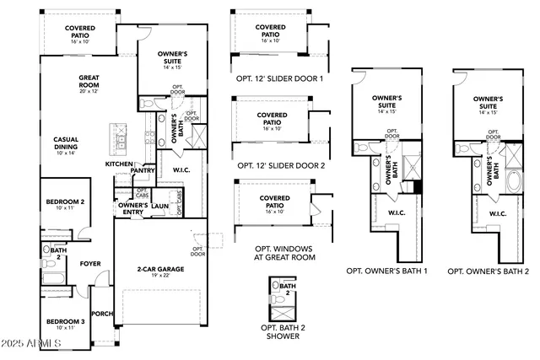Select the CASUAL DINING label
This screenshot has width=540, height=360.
point(66,144)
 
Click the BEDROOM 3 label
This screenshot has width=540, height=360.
point(65,324)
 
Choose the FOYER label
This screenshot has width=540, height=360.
point(90,264)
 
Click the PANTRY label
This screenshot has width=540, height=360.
point(143,170)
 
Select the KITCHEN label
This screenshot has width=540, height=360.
point(118,164)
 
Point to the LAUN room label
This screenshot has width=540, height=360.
point(160,205)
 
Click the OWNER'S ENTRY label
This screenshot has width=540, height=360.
point(133,208)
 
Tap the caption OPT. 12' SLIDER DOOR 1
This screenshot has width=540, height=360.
point(281,78)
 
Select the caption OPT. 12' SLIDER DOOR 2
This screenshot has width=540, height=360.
point(281,166)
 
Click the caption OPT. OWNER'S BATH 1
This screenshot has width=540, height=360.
point(387,271)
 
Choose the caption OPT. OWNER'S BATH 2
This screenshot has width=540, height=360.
point(489,271)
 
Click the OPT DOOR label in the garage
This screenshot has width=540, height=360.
point(197,251)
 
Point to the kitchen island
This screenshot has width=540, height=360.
point(116,136)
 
